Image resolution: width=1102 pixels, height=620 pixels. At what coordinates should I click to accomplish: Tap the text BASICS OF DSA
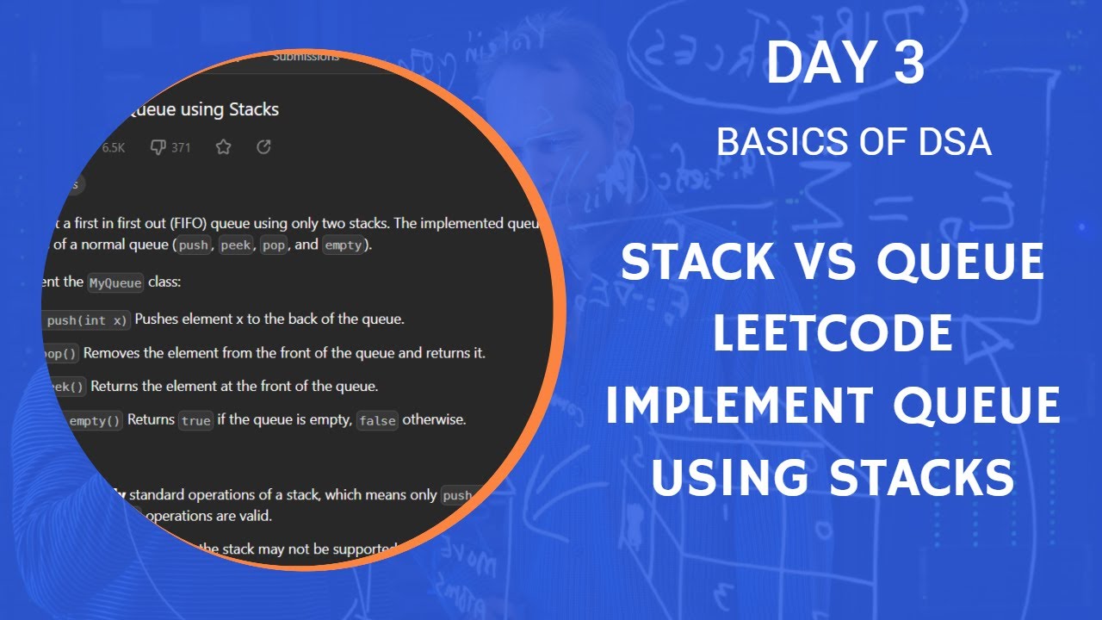[x=853, y=143]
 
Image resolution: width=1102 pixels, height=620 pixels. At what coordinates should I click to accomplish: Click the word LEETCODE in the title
[x=833, y=334]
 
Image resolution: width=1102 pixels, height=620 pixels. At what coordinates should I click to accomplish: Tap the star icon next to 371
[x=223, y=147]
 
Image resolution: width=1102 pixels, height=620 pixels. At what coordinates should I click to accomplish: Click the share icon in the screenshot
[x=264, y=147]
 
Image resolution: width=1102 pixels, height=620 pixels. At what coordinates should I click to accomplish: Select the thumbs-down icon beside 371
[x=158, y=147]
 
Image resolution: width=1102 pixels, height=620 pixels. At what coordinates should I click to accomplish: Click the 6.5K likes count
[x=113, y=147]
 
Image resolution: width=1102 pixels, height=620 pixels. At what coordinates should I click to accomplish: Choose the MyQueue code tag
[x=115, y=282]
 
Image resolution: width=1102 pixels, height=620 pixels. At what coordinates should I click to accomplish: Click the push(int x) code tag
[x=86, y=320]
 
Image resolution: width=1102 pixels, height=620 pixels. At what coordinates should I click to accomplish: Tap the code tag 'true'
[x=195, y=421]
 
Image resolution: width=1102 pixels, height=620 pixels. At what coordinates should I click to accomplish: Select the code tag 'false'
[x=377, y=421]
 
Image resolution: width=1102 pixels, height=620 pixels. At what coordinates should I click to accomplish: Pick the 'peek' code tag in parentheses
[x=236, y=245]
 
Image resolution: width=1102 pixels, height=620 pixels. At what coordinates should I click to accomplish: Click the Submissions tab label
[x=306, y=57]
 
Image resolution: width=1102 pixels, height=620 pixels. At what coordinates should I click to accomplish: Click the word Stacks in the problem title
[x=253, y=109]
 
